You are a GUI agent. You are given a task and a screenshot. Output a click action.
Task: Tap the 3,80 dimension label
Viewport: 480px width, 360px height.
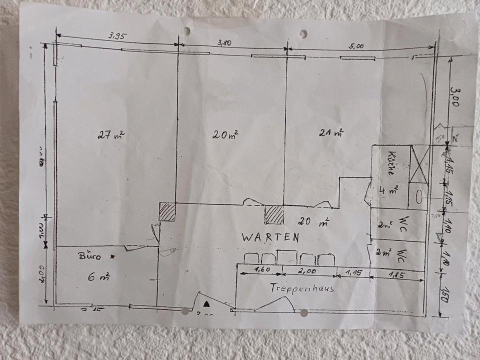[x=224, y=43]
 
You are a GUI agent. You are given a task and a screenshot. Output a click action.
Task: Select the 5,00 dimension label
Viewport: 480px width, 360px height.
[x=357, y=45]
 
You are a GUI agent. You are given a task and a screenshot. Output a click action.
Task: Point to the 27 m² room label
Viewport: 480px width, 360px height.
[x=110, y=134]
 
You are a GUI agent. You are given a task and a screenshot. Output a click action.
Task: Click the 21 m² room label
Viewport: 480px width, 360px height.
[x=330, y=133]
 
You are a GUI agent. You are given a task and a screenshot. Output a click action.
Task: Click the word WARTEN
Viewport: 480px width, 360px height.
[x=270, y=238]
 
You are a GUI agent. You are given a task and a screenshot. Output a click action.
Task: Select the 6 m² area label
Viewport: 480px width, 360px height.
[x=99, y=275]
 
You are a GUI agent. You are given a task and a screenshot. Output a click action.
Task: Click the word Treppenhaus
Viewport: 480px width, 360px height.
[x=302, y=288]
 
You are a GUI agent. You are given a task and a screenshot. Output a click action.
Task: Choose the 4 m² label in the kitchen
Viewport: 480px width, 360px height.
[x=388, y=190]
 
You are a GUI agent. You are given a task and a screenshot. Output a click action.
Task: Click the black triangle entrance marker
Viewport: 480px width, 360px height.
[x=206, y=303]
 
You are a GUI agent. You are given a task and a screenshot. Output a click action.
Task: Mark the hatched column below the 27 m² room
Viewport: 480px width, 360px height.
[x=167, y=211]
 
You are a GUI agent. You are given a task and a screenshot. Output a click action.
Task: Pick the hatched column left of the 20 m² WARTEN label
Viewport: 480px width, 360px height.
[x=274, y=215]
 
